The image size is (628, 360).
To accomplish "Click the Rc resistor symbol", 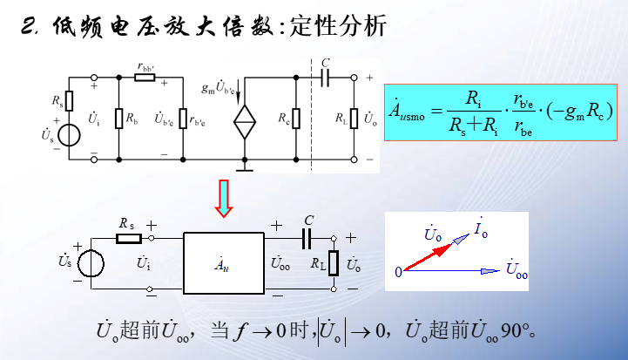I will [296, 118].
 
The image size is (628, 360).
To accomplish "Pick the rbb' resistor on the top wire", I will [145, 77].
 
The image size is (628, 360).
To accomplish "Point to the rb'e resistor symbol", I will [182, 118].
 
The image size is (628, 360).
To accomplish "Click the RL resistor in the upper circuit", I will [355, 118].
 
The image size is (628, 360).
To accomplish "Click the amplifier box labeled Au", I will [224, 261].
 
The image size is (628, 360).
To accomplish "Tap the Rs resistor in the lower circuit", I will [128, 236].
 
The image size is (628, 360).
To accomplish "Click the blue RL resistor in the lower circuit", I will [332, 262].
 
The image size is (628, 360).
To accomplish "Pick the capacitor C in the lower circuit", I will [307, 236].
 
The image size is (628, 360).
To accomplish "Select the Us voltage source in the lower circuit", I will [90, 262].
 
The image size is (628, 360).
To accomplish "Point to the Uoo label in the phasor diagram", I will [517, 273].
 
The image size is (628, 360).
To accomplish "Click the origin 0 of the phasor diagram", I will [398, 272].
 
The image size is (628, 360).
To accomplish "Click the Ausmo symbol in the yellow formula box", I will [408, 111].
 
